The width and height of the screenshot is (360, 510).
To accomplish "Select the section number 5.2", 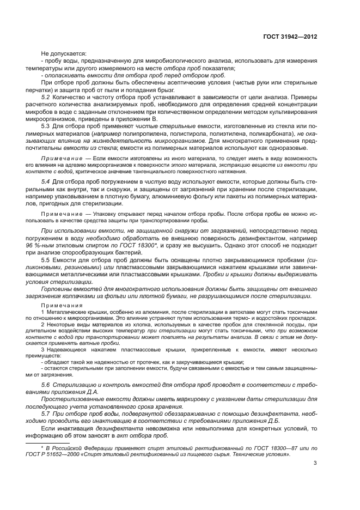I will tap(46, 96).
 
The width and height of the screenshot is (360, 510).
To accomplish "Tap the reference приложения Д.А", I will tap(81, 392).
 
